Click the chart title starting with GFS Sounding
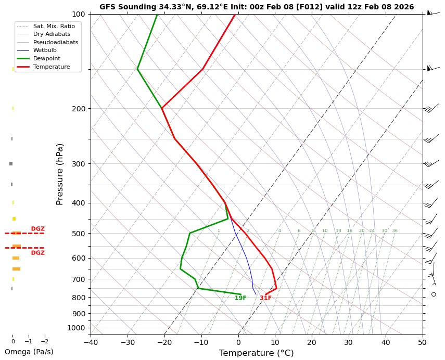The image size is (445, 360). coord(257,7)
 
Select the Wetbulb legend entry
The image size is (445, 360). coord(45,50)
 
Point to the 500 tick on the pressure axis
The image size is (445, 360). coord(79,234)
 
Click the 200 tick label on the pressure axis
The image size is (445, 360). coord(79,109)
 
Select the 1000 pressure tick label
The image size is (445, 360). coord(77,328)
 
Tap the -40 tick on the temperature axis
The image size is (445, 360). coord(91,342)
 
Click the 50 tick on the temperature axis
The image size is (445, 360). coord(422,342)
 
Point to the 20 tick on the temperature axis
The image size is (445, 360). coord(312,342)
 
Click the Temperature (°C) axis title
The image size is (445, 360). coord(256,353)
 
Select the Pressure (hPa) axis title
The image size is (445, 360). coord(60,174)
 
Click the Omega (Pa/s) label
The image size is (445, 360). coord(29,352)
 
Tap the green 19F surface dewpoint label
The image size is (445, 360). coord(240,298)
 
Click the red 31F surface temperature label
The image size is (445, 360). coord(265,298)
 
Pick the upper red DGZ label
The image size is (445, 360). coord(37,229)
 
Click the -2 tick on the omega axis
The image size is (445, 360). coord(45,342)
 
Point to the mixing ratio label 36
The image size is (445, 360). coord(395,231)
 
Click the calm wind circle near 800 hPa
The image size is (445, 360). coord(434,294)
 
